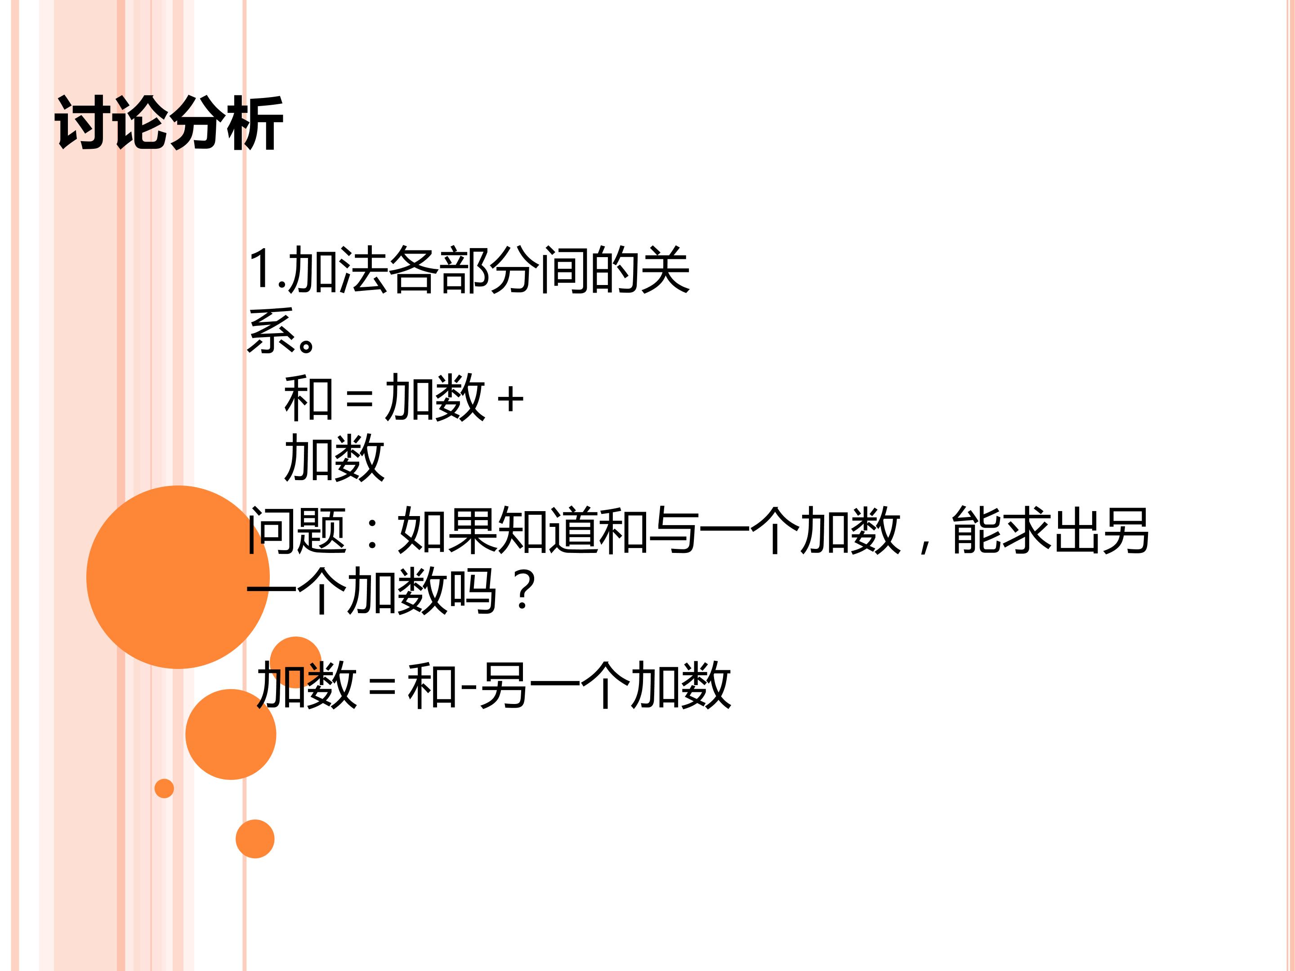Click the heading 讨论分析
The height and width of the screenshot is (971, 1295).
click(x=169, y=122)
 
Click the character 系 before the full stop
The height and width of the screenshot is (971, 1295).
click(x=271, y=331)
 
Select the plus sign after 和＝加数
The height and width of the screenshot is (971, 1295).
click(x=510, y=400)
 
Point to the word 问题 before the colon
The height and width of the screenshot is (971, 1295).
click(x=297, y=530)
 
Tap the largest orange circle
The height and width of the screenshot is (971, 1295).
click(x=178, y=577)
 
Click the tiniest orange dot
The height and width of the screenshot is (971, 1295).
click(x=164, y=788)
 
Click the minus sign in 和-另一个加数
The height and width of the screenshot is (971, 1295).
click(x=468, y=686)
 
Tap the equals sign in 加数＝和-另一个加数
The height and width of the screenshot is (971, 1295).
click(x=382, y=686)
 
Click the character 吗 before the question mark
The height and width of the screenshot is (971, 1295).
click(x=473, y=591)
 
